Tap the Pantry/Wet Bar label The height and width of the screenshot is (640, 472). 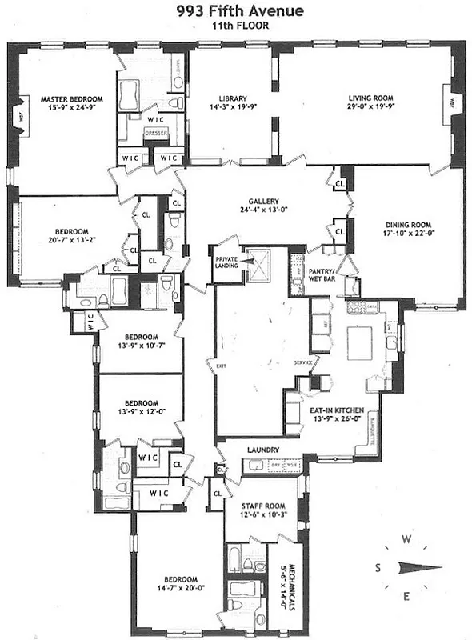[325, 276]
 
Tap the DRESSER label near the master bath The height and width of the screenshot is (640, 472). [157, 134]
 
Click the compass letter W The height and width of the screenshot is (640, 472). [406, 539]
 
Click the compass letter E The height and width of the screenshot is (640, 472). [406, 596]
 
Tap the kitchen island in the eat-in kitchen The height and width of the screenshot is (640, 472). [360, 342]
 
